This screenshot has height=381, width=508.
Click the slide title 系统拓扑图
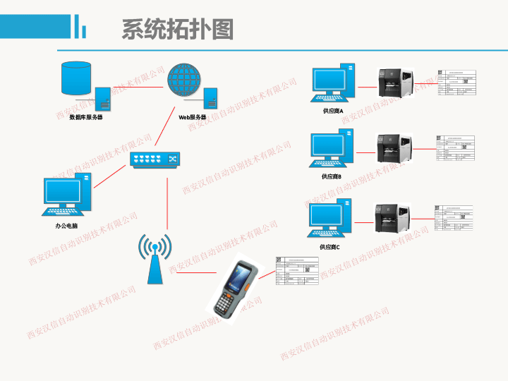[x=177, y=30]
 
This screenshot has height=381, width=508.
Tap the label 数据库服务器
[x=85, y=117]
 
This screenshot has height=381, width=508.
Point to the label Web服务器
[x=192, y=117]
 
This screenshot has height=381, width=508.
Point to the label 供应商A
[x=333, y=111]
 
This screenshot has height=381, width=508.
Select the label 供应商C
[x=329, y=247]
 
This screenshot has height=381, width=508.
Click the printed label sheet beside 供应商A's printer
[x=456, y=85]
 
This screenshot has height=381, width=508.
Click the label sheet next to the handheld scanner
[x=297, y=272]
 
